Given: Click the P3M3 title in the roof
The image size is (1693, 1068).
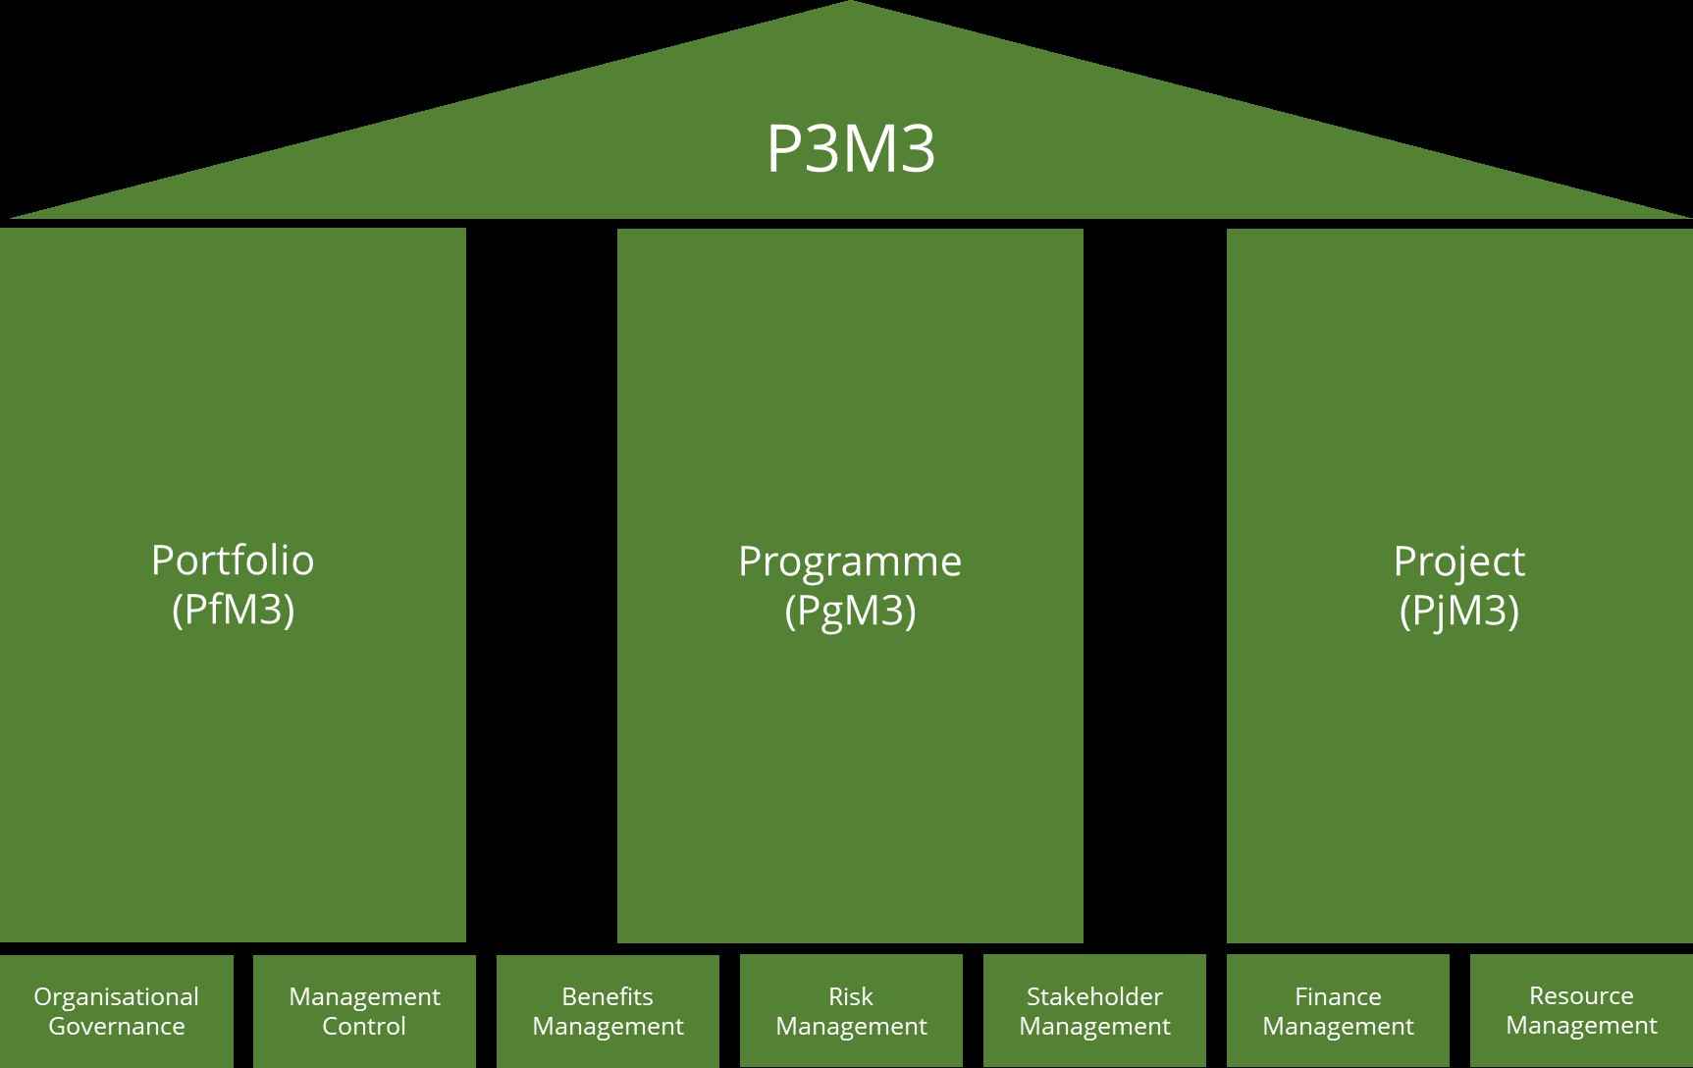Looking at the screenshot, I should point(850,149).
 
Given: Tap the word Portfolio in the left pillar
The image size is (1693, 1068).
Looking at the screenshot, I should point(233,561).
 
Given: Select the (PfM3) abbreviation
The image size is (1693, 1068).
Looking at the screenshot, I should point(233,611).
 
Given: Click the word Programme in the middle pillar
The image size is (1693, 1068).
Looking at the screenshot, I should point(850,561).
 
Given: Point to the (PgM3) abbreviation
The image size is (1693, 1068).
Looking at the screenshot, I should point(850,611).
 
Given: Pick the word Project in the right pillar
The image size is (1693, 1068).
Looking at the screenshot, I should point(1458,561).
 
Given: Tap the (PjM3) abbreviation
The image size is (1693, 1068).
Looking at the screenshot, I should point(1458,611).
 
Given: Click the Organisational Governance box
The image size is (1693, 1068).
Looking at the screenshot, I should point(116,1011).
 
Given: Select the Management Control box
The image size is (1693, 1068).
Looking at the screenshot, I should point(364,1011).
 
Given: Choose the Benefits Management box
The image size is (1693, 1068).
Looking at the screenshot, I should point(608,1011).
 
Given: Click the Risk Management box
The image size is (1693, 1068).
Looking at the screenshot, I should point(851,1011).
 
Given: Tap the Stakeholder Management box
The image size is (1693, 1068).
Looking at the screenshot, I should point(1094,1011).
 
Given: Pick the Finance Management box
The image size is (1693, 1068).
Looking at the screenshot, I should point(1338,1011).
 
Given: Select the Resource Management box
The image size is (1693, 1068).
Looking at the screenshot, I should point(1581,1011).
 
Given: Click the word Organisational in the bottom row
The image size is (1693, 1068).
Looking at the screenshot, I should point(116,996).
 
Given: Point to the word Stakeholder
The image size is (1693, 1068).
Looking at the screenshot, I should point(1094,996).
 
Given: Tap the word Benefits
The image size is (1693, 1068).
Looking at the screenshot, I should point(608,996).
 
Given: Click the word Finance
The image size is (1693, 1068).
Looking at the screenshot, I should point(1338,996).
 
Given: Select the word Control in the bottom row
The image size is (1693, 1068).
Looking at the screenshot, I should point(364,1027).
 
